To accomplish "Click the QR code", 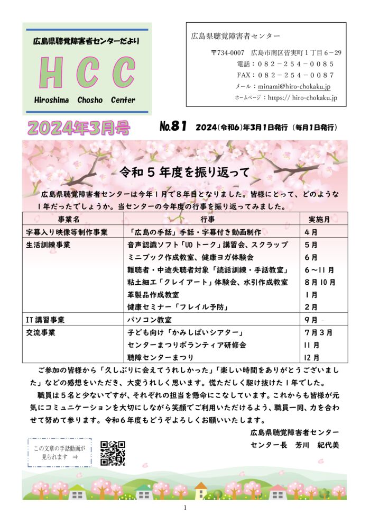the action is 113,453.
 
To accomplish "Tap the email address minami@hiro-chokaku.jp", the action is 293,86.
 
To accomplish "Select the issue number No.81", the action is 173,127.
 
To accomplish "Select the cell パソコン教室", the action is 150,320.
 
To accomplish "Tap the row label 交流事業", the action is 41,333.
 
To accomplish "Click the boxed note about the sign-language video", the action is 59,453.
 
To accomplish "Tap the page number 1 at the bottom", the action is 185,508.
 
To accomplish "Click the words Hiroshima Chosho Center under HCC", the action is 85,100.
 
